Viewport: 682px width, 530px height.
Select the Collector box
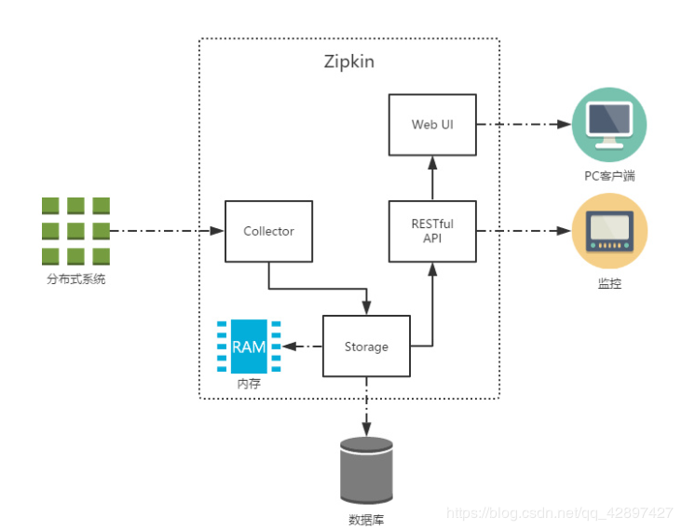tap(268, 231)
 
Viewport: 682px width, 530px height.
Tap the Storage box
tap(366, 347)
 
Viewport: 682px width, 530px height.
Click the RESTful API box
tap(431, 231)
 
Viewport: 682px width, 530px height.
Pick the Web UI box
tap(431, 125)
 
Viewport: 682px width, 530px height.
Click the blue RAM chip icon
tap(249, 347)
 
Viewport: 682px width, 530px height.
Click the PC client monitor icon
tap(609, 125)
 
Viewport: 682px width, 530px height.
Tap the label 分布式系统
tap(76, 279)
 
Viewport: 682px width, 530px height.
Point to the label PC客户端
tap(609, 175)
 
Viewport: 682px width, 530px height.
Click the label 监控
tap(609, 282)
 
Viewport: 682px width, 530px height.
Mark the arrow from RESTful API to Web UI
tap(431, 177)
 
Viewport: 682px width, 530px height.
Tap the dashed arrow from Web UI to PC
tap(522, 125)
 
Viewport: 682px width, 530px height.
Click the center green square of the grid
tap(76, 230)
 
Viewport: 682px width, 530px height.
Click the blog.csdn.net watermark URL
tap(559, 513)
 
